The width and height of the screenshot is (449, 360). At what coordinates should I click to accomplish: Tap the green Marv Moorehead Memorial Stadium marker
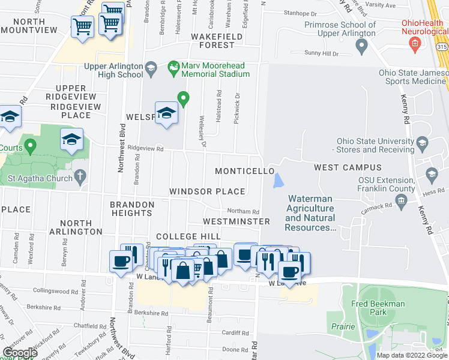(173, 68)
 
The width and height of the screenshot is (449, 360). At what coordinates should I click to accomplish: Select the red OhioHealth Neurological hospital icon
(414, 43)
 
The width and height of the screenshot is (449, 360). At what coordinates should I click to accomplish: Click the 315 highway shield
(441, 46)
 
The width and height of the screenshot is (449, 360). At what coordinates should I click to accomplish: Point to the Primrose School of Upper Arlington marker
(361, 45)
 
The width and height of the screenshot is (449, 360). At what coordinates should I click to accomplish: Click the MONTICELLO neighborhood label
(245, 171)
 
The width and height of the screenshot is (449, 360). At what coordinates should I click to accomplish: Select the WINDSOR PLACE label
(207, 191)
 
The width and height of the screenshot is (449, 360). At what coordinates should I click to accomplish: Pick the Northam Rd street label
(243, 211)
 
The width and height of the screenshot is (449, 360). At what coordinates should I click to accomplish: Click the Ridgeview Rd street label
(145, 149)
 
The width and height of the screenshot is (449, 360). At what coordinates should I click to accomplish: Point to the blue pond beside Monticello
(277, 180)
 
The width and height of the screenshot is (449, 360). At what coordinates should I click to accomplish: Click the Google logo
(20, 353)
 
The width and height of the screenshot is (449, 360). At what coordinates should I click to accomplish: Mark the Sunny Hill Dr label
(321, 53)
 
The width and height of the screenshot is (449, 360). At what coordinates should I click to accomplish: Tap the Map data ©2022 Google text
(412, 355)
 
